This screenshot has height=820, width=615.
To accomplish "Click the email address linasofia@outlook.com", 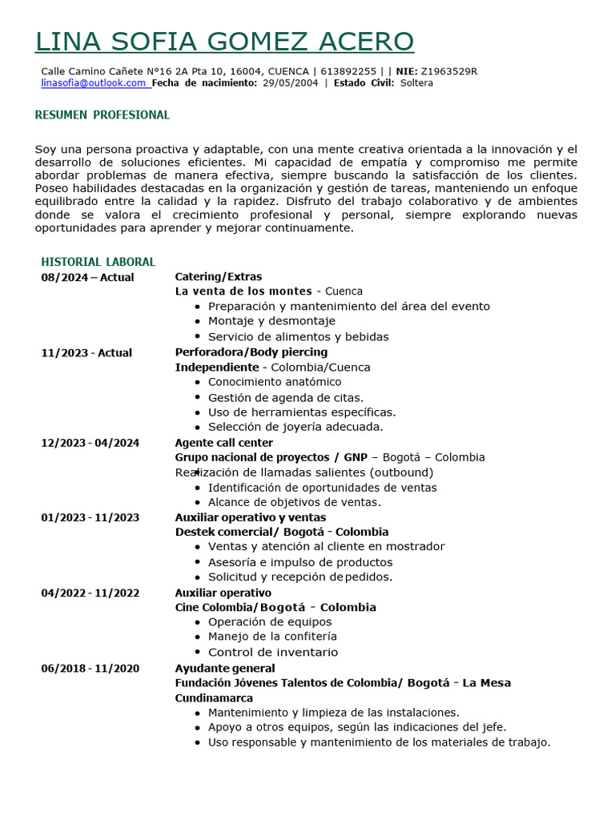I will click(x=94, y=83).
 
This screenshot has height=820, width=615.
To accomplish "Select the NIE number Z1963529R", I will click(x=449, y=71).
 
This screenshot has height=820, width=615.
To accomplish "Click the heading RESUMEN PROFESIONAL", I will click(x=102, y=115).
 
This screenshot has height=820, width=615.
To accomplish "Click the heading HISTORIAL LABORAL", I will click(x=98, y=262).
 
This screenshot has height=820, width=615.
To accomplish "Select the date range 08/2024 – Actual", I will click(x=87, y=277).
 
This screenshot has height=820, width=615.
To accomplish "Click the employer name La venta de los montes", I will click(x=244, y=291).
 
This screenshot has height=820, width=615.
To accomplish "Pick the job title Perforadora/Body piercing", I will click(x=251, y=352).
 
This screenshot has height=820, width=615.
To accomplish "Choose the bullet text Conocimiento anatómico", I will click(x=275, y=382).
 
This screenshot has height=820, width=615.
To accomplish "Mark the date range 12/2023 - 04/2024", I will click(x=90, y=443).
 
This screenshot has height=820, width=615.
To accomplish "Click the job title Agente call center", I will click(x=224, y=443).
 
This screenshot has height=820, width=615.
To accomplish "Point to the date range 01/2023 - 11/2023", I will click(x=90, y=517).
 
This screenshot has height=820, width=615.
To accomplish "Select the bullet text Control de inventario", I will click(x=273, y=652).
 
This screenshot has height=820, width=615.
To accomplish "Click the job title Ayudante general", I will click(x=225, y=668).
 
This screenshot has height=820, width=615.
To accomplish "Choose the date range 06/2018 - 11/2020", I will click(x=90, y=668).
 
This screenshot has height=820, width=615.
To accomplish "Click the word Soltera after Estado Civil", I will click(x=416, y=83).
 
